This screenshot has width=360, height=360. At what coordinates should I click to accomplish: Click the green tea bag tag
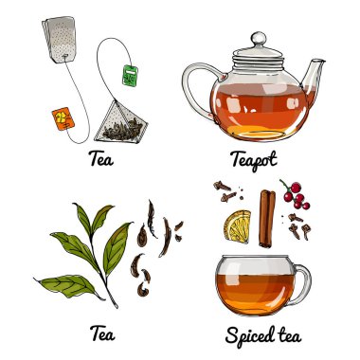tap(131, 75)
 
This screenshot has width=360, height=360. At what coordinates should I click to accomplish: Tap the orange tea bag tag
tap(63, 118)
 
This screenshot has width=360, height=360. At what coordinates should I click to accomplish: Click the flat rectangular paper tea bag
tap(62, 40)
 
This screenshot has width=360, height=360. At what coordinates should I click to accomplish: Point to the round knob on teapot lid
tap(259, 39)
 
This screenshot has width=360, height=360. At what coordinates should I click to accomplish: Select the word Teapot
tap(254, 159)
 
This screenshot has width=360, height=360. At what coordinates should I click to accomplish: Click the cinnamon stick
tap(267, 218)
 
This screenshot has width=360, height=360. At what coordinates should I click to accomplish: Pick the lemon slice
tap(238, 226)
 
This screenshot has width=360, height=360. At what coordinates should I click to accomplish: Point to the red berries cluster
tap(296, 195)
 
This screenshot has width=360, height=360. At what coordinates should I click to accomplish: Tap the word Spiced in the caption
tap(250, 335)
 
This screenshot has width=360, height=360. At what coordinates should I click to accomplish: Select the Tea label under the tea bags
tap(101, 159)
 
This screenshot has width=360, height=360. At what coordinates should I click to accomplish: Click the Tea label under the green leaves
tap(102, 333)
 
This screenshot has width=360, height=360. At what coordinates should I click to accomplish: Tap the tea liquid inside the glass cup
tap(255, 292)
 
